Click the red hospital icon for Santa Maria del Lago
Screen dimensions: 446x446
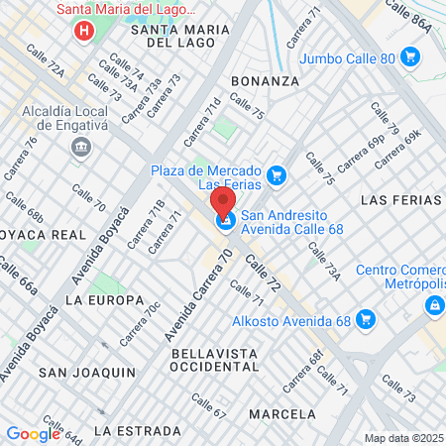84,31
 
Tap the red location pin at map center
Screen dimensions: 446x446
224,205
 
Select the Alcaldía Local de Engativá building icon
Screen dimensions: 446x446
79,148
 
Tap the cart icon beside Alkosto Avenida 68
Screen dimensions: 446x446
367,319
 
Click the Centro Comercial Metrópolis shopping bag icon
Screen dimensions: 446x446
433,307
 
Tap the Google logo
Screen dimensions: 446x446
33,433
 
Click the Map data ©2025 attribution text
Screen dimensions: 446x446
402,438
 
